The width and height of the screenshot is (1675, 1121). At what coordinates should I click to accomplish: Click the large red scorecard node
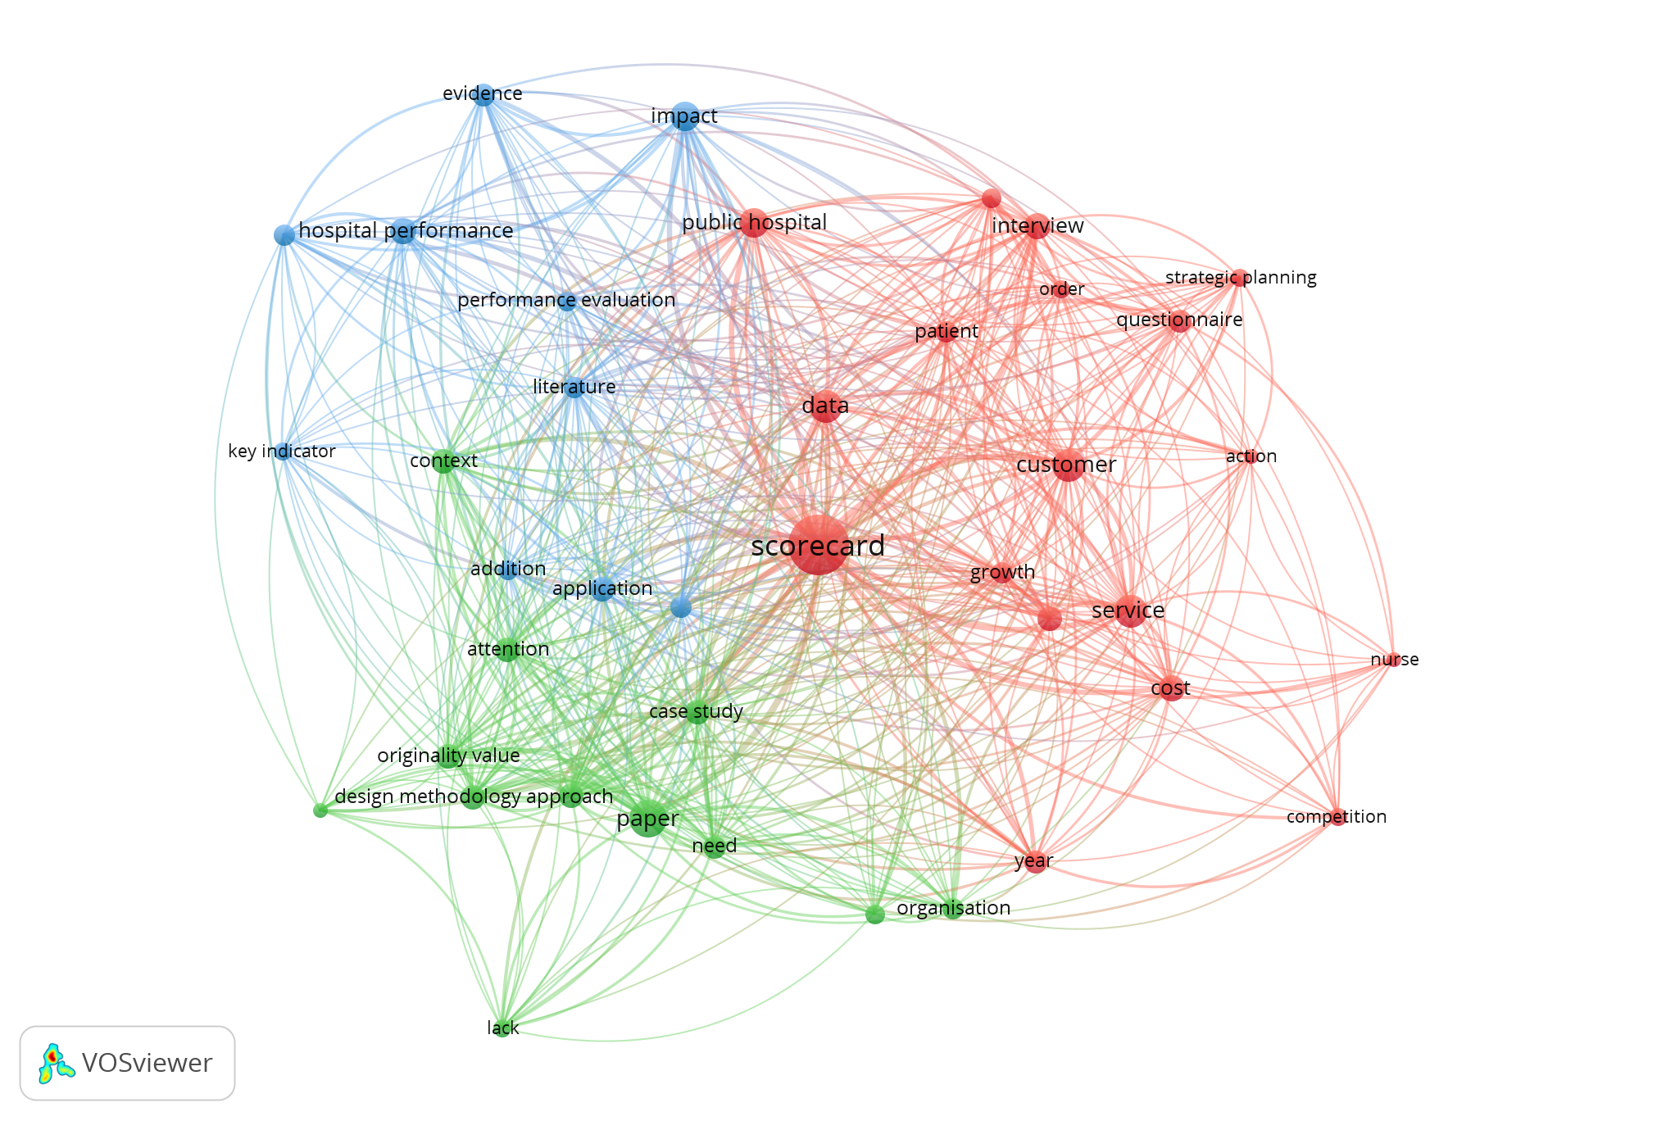click(818, 545)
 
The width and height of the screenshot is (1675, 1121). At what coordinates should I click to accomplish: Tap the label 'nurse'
click(1395, 660)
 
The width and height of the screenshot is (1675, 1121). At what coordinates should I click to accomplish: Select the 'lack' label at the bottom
click(503, 1028)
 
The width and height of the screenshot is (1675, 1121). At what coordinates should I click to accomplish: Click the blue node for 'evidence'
click(483, 95)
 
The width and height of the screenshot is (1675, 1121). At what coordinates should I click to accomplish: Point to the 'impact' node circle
click(685, 116)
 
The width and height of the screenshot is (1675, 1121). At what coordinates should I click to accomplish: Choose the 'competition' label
click(1337, 817)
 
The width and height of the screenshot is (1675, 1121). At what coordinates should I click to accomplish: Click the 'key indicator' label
click(282, 452)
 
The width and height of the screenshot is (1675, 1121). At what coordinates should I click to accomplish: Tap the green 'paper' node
click(648, 819)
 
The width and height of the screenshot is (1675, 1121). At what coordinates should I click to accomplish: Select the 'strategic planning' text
click(1241, 278)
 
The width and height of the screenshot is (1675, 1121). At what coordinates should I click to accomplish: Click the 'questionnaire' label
click(1179, 320)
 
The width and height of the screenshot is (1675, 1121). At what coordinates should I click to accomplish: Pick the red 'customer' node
click(1068, 465)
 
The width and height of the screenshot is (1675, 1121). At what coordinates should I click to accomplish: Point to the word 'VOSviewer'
click(148, 1063)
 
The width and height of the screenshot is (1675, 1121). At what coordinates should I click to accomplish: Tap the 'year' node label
click(1033, 861)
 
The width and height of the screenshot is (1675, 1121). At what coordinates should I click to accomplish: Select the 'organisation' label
click(954, 908)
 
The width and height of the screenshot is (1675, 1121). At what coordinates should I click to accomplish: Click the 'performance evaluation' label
click(566, 300)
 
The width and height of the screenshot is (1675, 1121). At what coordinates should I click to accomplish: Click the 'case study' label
click(696, 711)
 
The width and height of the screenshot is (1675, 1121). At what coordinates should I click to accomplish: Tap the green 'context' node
click(443, 461)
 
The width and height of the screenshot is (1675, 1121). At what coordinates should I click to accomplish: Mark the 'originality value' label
click(448, 756)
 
